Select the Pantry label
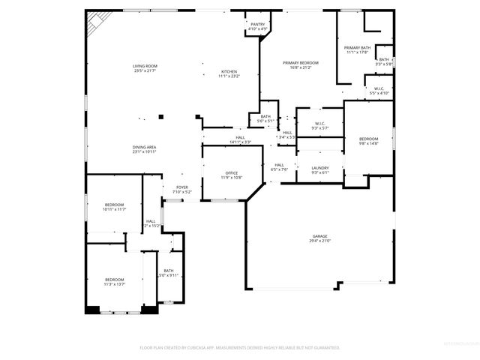(258, 26)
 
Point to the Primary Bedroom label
(300, 64)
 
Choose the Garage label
(319, 238)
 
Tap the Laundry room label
(319, 170)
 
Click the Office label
(231, 175)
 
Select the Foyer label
(182, 190)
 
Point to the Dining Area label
(145, 149)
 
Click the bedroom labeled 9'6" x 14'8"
(368, 141)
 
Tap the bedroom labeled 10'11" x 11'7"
(114, 207)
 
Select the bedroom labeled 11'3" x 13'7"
(114, 282)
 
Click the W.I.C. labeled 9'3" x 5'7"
(319, 126)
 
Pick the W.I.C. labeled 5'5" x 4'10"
(379, 91)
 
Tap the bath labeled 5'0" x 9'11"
(169, 273)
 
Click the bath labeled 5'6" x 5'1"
(265, 118)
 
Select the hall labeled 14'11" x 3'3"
(240, 139)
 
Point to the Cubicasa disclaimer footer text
(239, 348)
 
